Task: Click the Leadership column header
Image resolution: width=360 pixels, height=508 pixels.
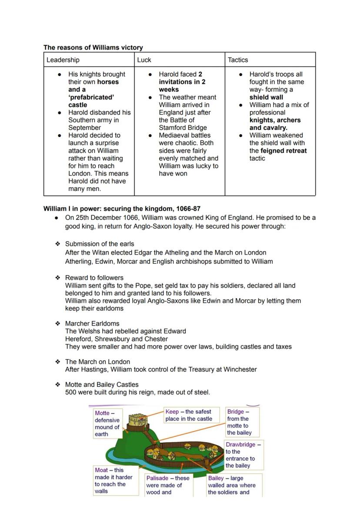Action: click(63, 60)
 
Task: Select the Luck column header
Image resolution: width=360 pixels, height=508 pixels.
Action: click(144, 60)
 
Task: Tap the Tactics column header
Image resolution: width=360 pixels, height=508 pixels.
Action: click(238, 60)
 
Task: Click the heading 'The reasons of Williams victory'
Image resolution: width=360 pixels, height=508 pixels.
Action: click(93, 47)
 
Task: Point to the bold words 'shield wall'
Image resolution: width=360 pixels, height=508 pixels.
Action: click(266, 97)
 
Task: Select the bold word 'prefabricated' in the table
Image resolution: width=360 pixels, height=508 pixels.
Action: click(91, 97)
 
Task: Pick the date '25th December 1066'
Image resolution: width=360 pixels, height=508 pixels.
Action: click(102, 218)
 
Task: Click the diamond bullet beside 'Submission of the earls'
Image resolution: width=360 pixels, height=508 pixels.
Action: click(57, 244)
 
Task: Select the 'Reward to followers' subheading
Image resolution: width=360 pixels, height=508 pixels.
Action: click(94, 278)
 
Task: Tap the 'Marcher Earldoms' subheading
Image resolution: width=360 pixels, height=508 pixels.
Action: click(92, 323)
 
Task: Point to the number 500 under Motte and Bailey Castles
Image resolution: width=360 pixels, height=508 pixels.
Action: click(71, 392)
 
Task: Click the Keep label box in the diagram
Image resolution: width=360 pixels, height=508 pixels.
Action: click(189, 415)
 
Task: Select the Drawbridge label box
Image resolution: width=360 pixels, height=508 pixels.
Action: click(243, 455)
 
